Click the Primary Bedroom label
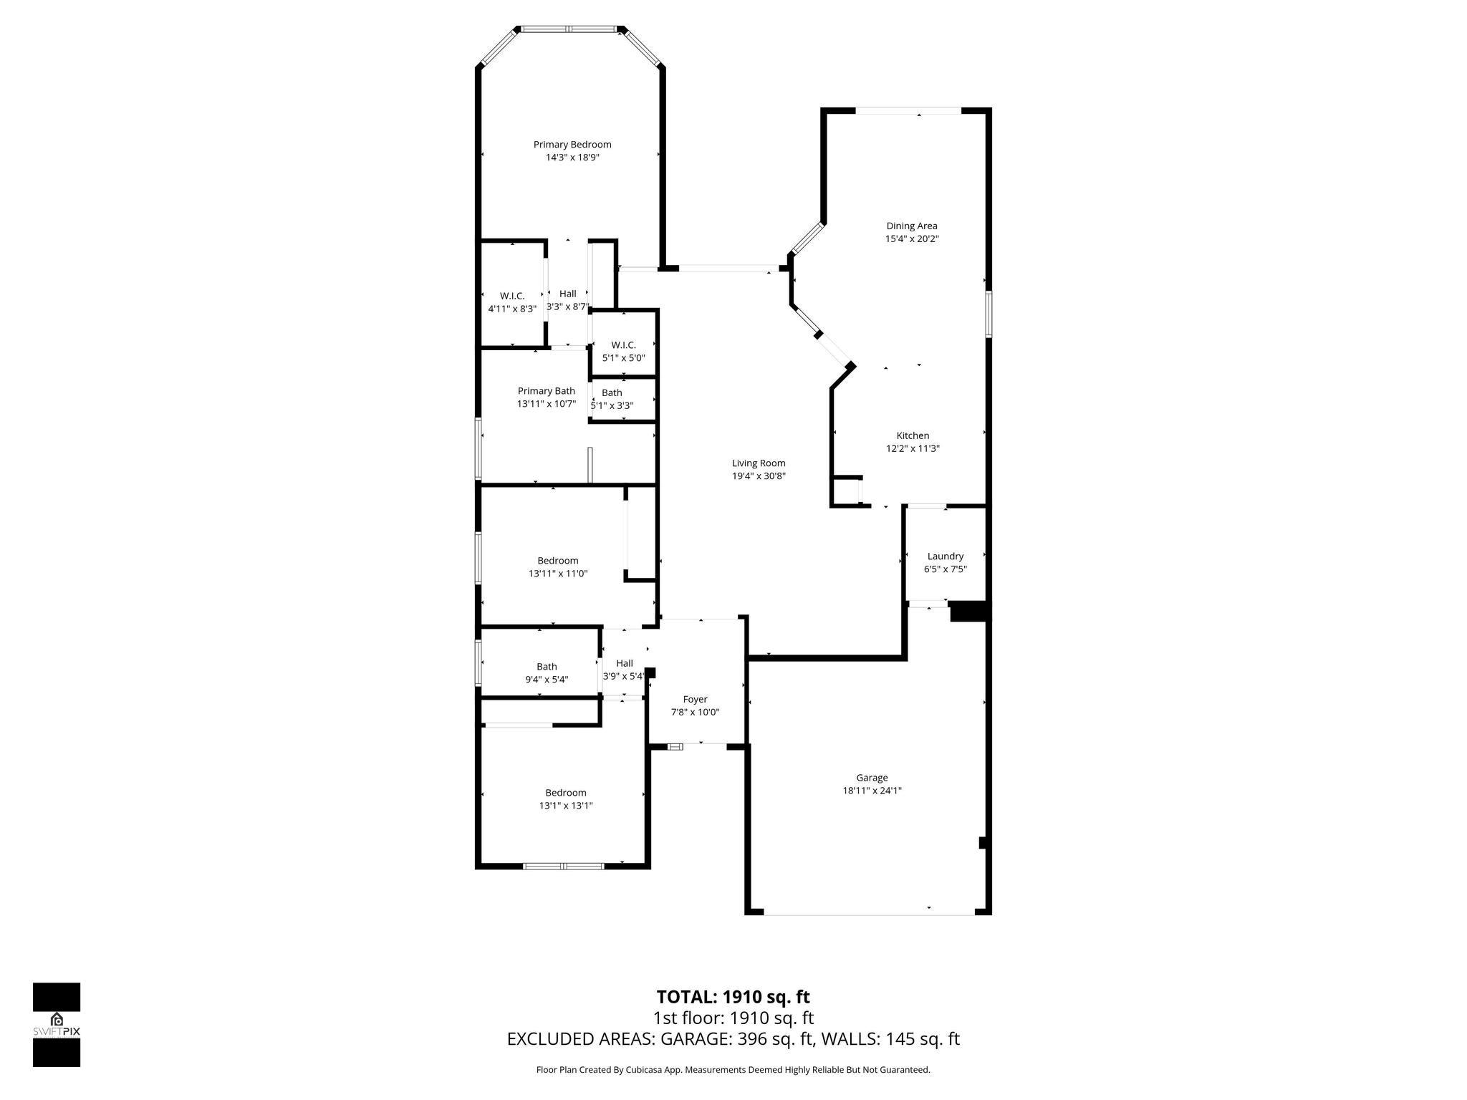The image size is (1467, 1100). [572, 145]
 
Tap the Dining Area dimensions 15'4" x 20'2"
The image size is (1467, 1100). [911, 239]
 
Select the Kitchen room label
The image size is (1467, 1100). [913, 435]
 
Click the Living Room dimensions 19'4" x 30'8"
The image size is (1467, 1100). [759, 476]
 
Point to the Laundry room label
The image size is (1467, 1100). [945, 556]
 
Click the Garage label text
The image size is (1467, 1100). [872, 778]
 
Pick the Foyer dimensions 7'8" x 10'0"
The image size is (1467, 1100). [694, 713]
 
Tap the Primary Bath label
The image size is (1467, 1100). [546, 391]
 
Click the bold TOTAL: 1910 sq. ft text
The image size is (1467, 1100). [733, 997]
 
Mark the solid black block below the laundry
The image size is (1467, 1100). [969, 612]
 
